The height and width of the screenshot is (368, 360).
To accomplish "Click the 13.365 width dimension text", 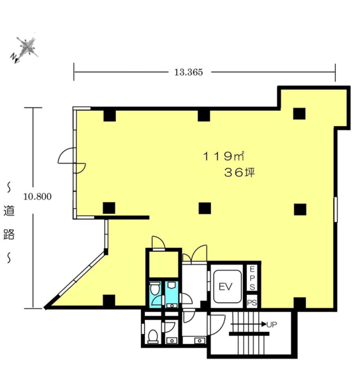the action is [188, 72].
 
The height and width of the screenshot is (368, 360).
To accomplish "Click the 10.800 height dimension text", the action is [37, 196].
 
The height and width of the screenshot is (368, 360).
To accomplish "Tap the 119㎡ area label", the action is [224, 156].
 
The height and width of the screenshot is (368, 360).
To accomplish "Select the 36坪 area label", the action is [239, 173].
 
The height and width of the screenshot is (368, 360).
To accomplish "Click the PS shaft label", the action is [252, 303].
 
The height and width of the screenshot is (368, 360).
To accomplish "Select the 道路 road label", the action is [9, 223].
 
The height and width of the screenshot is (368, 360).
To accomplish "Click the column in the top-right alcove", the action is [299, 114].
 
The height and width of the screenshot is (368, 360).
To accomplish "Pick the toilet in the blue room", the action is [154, 290].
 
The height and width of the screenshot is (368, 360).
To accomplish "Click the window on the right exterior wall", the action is [336, 210].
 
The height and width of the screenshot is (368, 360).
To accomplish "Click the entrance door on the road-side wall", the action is [72, 160].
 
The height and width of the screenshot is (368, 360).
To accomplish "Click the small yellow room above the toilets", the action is [164, 264].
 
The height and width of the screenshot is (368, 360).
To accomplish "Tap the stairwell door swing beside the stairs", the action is [217, 325].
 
